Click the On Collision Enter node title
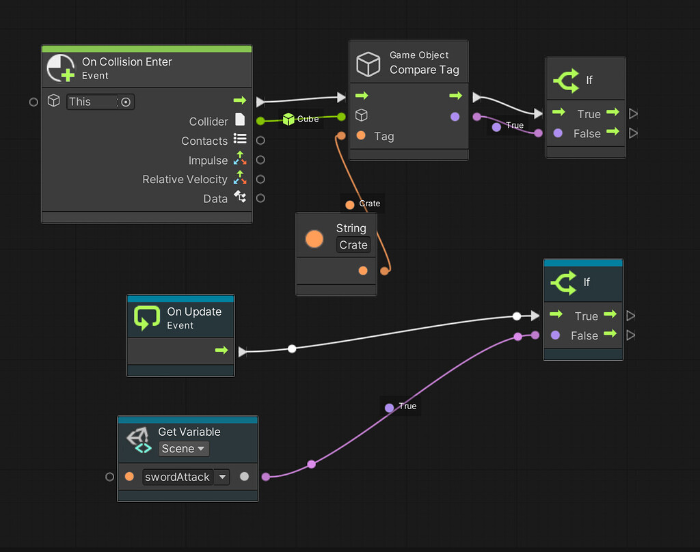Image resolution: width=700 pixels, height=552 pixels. click(126, 62)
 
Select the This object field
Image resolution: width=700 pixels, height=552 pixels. click(92, 102)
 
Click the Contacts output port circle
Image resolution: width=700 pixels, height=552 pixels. click(260, 141)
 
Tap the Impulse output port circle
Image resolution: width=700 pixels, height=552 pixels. click(260, 160)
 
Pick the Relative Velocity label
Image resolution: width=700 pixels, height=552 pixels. click(185, 180)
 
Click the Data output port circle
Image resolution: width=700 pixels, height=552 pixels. click(260, 198)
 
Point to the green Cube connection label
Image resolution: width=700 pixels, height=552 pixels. click(301, 119)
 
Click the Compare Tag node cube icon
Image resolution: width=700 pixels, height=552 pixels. click(368, 64)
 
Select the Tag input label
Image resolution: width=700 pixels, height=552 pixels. click(383, 137)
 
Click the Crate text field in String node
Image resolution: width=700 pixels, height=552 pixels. click(353, 245)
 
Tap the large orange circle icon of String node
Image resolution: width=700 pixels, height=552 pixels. click(314, 238)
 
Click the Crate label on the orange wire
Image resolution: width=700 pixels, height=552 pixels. click(363, 204)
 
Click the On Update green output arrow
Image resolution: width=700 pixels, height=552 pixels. click(221, 350)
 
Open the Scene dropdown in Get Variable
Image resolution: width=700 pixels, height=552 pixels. click(183, 449)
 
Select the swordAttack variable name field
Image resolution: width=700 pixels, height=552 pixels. click(178, 477)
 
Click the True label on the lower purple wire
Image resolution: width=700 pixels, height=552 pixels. click(401, 406)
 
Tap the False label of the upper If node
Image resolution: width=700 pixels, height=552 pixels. click(587, 134)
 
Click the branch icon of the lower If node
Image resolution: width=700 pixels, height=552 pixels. click(565, 282)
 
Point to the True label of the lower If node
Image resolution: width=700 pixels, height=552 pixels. click(586, 316)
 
